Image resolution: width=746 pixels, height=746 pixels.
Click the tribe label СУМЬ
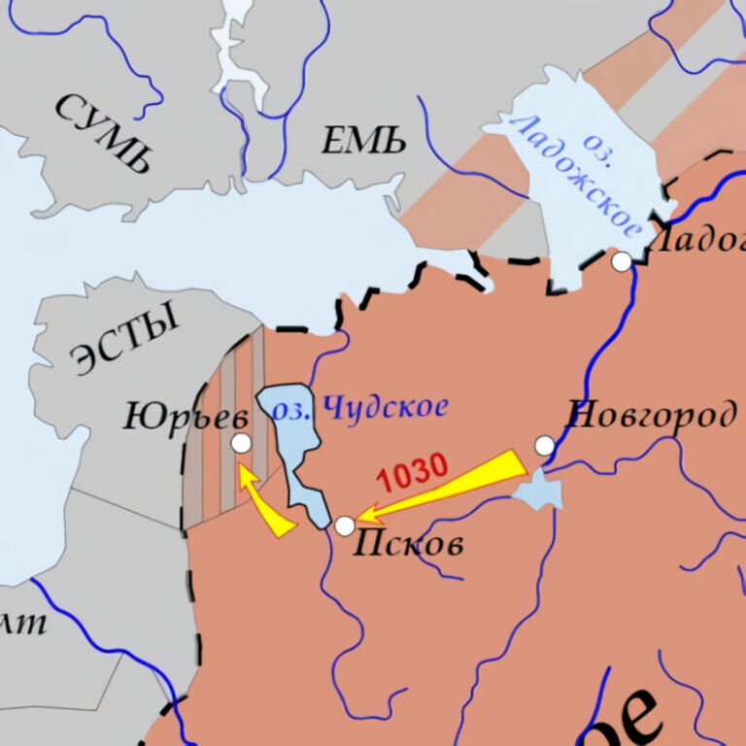tap(105, 133)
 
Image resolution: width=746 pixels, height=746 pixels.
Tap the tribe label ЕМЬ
tap(364, 143)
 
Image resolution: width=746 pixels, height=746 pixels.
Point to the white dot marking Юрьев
tap(241, 443)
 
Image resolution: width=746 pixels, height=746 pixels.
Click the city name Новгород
tap(650, 416)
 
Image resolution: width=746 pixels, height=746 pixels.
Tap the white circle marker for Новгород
tap(545, 445)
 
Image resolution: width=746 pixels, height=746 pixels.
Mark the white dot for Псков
tap(345, 526)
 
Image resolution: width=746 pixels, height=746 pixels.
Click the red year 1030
tap(412, 473)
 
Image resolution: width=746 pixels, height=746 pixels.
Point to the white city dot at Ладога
tap(622, 261)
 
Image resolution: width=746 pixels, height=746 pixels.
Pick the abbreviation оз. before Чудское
tap(291, 410)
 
